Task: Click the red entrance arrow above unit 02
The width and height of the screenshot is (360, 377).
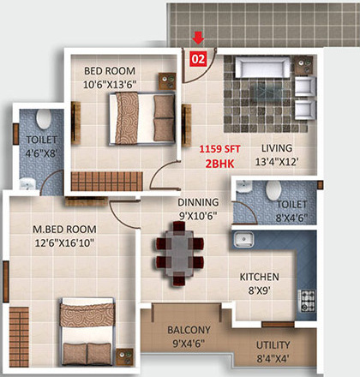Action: click(198, 38)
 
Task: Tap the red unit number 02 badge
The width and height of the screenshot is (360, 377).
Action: click(198, 59)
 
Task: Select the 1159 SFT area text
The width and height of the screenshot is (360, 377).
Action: click(218, 147)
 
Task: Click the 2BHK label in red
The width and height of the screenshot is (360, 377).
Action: click(218, 160)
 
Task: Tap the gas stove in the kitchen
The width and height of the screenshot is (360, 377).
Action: click(306, 299)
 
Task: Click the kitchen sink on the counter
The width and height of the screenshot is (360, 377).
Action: click(244, 238)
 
